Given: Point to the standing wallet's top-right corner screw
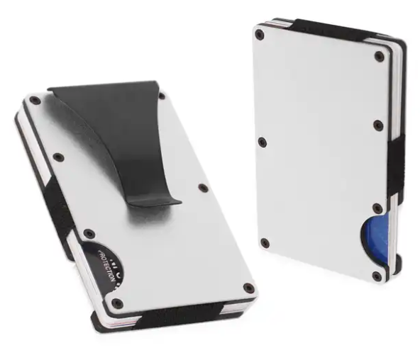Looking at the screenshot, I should tap(380, 56).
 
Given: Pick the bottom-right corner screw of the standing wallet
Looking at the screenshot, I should tap(377, 276).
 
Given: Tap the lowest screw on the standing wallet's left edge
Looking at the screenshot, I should tap(265, 243).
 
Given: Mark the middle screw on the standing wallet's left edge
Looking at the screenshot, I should tap(262, 142).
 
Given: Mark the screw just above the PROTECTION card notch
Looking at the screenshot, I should tap(89, 233).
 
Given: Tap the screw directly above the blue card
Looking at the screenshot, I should tap(377, 208).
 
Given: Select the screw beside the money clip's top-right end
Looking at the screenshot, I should tap(162, 94).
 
